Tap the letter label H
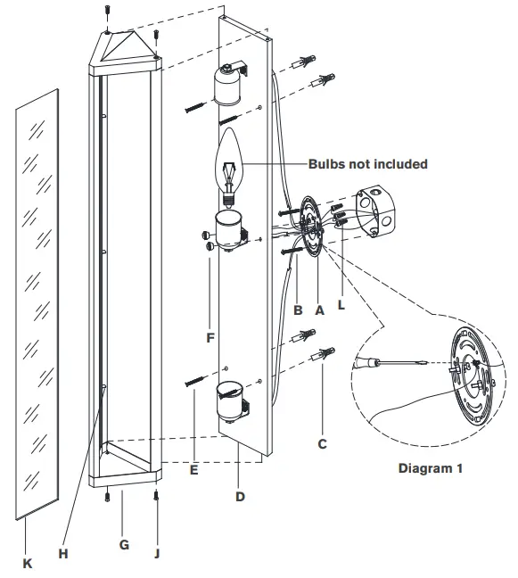coord(62,553)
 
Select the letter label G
coord(124,544)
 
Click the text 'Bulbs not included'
coord(367,164)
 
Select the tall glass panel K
coord(38,303)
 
